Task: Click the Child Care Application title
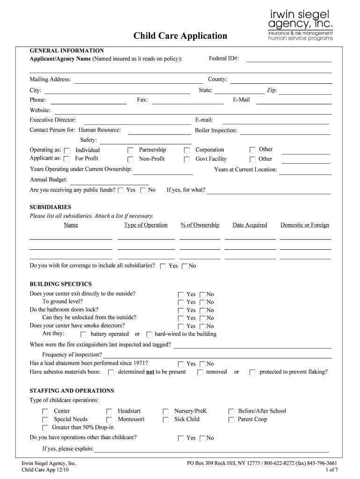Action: pyautogui.click(x=180, y=36)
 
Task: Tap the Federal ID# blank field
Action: pyautogui.click(x=288, y=59)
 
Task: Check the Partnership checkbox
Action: pyautogui.click(x=130, y=151)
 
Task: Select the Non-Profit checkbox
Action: pyautogui.click(x=130, y=160)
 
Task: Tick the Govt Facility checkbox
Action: pyautogui.click(x=187, y=160)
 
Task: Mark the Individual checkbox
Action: pyautogui.click(x=67, y=151)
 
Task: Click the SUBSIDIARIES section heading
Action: pyautogui.click(x=50, y=207)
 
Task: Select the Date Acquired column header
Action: pyautogui.click(x=250, y=225)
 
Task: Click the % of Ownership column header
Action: pyautogui.click(x=200, y=225)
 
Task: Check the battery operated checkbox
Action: pyautogui.click(x=84, y=334)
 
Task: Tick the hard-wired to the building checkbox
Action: pyautogui.click(x=149, y=334)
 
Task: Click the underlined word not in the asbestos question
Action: pyautogui.click(x=150, y=372)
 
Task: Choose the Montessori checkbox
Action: pyautogui.click(x=109, y=420)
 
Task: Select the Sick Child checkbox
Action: pyautogui.click(x=166, y=420)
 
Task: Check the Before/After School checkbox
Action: pyautogui.click(x=231, y=412)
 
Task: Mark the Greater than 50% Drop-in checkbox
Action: pyautogui.click(x=45, y=428)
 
